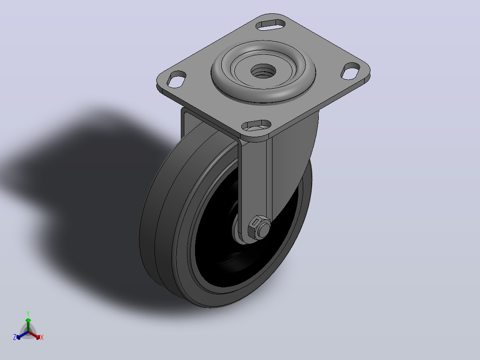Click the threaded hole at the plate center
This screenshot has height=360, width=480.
[263, 71]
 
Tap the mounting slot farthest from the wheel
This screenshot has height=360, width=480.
[271, 25]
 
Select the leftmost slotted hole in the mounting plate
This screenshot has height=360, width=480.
[177, 79]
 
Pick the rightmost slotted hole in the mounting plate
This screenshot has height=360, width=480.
[351, 71]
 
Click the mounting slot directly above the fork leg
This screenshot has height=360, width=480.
[256, 125]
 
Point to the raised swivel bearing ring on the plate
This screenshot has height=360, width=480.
[263, 72]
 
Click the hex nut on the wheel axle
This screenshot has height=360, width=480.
[260, 227]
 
